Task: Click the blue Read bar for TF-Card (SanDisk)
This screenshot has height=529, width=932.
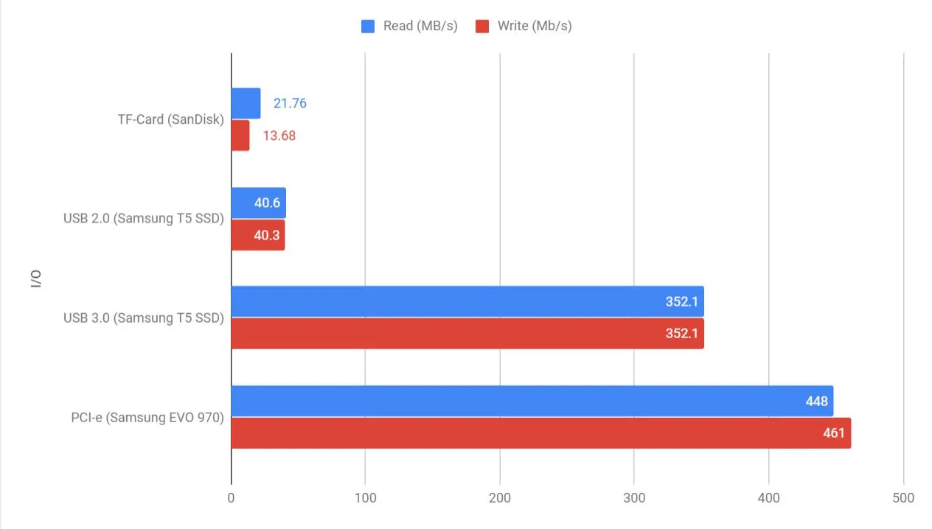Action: [246, 103]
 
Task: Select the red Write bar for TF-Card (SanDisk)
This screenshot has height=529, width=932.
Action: [240, 136]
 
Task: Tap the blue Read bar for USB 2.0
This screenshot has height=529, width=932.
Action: [258, 203]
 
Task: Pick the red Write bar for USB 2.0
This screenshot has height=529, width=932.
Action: [257, 235]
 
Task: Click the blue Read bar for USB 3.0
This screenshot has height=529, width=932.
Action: [467, 301]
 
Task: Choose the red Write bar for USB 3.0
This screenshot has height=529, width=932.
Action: [467, 334]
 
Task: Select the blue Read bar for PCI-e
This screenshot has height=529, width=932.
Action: [532, 401]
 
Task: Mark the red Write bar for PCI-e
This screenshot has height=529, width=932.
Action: [540, 433]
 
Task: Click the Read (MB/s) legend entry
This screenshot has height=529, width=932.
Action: [410, 27]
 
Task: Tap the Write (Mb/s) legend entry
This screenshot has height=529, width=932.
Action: [524, 27]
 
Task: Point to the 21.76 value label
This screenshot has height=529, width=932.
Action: [290, 104]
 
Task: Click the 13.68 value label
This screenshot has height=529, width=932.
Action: [279, 136]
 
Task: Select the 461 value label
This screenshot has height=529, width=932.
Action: [833, 433]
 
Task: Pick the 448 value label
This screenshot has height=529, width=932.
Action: [816, 402]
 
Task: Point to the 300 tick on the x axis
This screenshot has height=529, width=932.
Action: [634, 498]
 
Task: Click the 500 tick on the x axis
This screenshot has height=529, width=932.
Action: [903, 498]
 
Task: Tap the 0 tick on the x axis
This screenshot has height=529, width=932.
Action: [232, 498]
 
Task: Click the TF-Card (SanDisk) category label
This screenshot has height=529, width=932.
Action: [170, 119]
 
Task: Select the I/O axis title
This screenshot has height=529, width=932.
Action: [36, 279]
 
